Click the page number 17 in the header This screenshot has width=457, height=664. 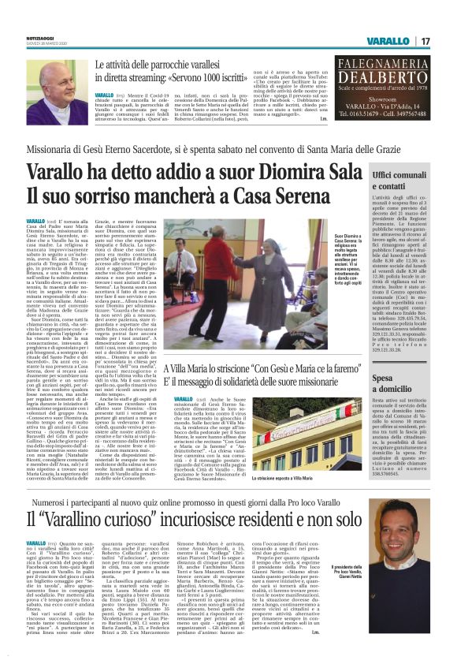click(x=424, y=40)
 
